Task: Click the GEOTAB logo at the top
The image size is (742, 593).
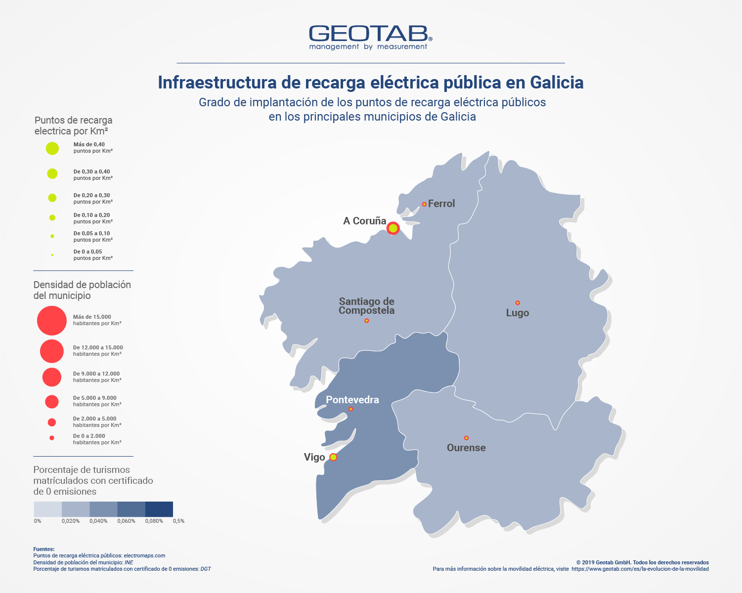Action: click(370, 37)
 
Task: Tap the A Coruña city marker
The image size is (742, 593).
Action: click(393, 228)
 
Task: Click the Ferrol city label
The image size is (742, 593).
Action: click(441, 204)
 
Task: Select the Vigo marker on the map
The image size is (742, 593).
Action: click(333, 457)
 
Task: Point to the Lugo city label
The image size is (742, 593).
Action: click(518, 313)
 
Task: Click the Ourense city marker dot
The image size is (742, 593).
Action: click(466, 438)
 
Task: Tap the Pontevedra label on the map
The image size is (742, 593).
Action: click(352, 400)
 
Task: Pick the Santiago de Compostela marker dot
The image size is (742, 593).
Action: click(366, 321)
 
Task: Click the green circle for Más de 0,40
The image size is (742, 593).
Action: click(52, 148)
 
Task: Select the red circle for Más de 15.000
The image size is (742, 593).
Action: click(52, 321)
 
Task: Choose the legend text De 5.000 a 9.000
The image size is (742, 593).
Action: click(95, 398)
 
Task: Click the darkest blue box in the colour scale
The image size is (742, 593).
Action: click(159, 509)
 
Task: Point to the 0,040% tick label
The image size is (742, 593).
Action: click(98, 521)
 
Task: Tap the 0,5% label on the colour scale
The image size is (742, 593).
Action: click(178, 521)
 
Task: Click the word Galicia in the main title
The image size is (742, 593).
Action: click(557, 82)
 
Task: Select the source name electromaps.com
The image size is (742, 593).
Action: click(144, 556)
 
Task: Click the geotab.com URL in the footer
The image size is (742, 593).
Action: click(640, 569)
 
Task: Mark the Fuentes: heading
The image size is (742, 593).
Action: click(44, 549)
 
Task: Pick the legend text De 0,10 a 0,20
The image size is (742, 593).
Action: click(92, 215)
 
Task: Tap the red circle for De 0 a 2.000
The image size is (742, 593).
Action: click(52, 438)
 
